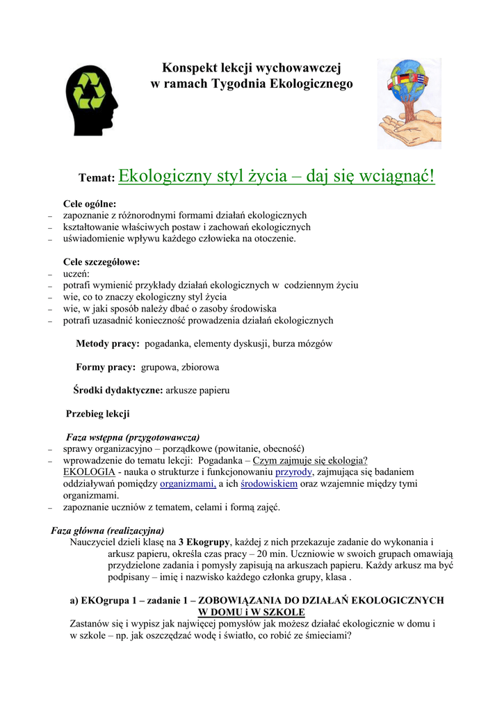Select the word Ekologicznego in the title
tap(316, 84)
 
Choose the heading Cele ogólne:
tap(90, 204)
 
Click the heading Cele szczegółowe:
tap(101, 262)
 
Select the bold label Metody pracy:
tap(108, 343)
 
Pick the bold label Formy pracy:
tap(106, 366)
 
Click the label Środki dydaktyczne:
tap(118, 390)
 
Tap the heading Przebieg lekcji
tap(97, 414)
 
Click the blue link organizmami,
tap(188, 483)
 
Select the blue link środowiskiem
tap(269, 483)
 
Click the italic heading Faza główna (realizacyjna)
tap(108, 530)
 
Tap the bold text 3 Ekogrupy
tap(204, 542)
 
